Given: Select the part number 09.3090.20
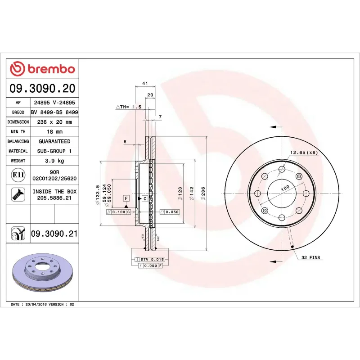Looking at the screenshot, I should tap(42, 88).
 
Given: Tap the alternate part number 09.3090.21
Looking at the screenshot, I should tap(54, 234).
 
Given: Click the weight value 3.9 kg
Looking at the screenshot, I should tap(54, 161).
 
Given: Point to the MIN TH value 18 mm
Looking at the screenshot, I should tap(54, 132).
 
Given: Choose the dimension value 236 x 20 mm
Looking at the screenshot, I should tap(54, 122).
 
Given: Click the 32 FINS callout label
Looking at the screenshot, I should tap(311, 257).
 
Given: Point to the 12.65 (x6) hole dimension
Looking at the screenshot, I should tap(304, 153).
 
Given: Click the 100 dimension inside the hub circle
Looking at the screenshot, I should tap(285, 189).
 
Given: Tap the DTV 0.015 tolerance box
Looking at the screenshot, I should tap(152, 260).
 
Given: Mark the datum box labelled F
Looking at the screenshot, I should tap(126, 198).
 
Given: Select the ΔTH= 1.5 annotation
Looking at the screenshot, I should tap(129, 107).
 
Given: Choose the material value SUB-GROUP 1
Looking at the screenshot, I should tap(54, 151).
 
